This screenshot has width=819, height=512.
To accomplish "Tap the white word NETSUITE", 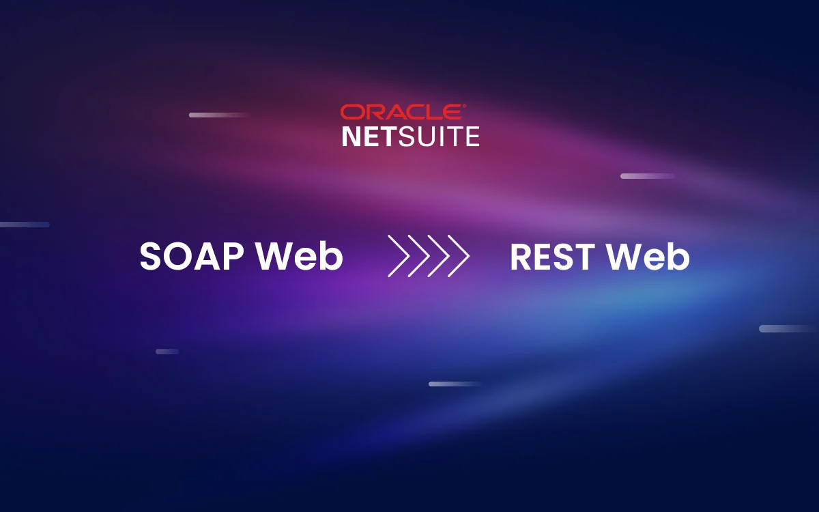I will (x=410, y=136).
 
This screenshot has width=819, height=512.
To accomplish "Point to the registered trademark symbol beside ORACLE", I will (x=465, y=106).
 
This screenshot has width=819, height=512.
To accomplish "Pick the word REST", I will (x=552, y=257).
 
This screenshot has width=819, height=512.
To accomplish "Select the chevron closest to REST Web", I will (x=458, y=256).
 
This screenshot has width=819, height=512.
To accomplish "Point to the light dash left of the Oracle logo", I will (x=218, y=115).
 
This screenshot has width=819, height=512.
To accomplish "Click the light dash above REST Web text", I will (x=647, y=176).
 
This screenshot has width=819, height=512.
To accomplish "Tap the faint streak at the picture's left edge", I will (x=25, y=225).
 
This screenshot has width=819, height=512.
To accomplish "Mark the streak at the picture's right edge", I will (x=789, y=328).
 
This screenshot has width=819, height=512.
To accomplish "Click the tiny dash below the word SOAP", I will (x=167, y=352).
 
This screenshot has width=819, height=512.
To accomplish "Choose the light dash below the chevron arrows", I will (x=455, y=384).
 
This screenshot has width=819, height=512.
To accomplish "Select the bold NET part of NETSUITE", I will (x=369, y=136).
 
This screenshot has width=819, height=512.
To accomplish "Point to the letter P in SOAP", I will (x=234, y=257).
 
